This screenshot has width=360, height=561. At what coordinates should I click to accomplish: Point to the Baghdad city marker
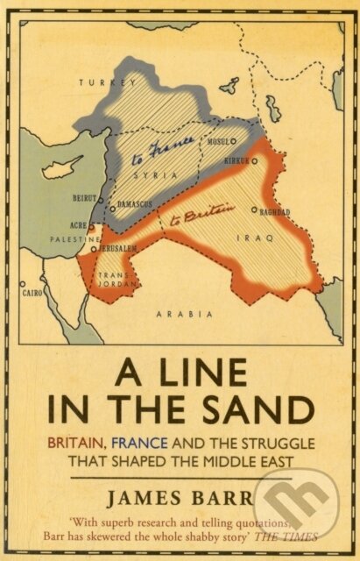click(254, 210)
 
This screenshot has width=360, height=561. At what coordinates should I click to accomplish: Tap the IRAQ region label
click(259, 238)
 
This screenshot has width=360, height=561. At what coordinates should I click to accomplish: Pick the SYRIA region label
click(166, 175)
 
